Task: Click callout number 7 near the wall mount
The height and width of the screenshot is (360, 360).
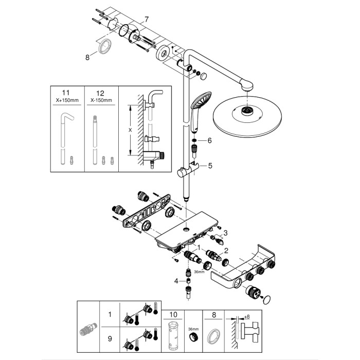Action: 147,19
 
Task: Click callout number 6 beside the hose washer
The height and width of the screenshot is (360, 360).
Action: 209,140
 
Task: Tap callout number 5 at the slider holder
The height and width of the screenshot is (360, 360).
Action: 209,166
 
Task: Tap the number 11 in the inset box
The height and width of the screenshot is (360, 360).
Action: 65,93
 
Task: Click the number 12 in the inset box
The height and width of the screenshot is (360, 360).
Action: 101,93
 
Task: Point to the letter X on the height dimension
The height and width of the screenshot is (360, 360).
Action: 130,130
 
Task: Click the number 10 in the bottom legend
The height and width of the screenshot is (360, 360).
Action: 173,313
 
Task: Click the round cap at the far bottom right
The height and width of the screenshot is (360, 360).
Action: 266,300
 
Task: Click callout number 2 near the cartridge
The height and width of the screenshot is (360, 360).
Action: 225,250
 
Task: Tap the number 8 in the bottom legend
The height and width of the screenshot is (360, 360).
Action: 213,313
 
